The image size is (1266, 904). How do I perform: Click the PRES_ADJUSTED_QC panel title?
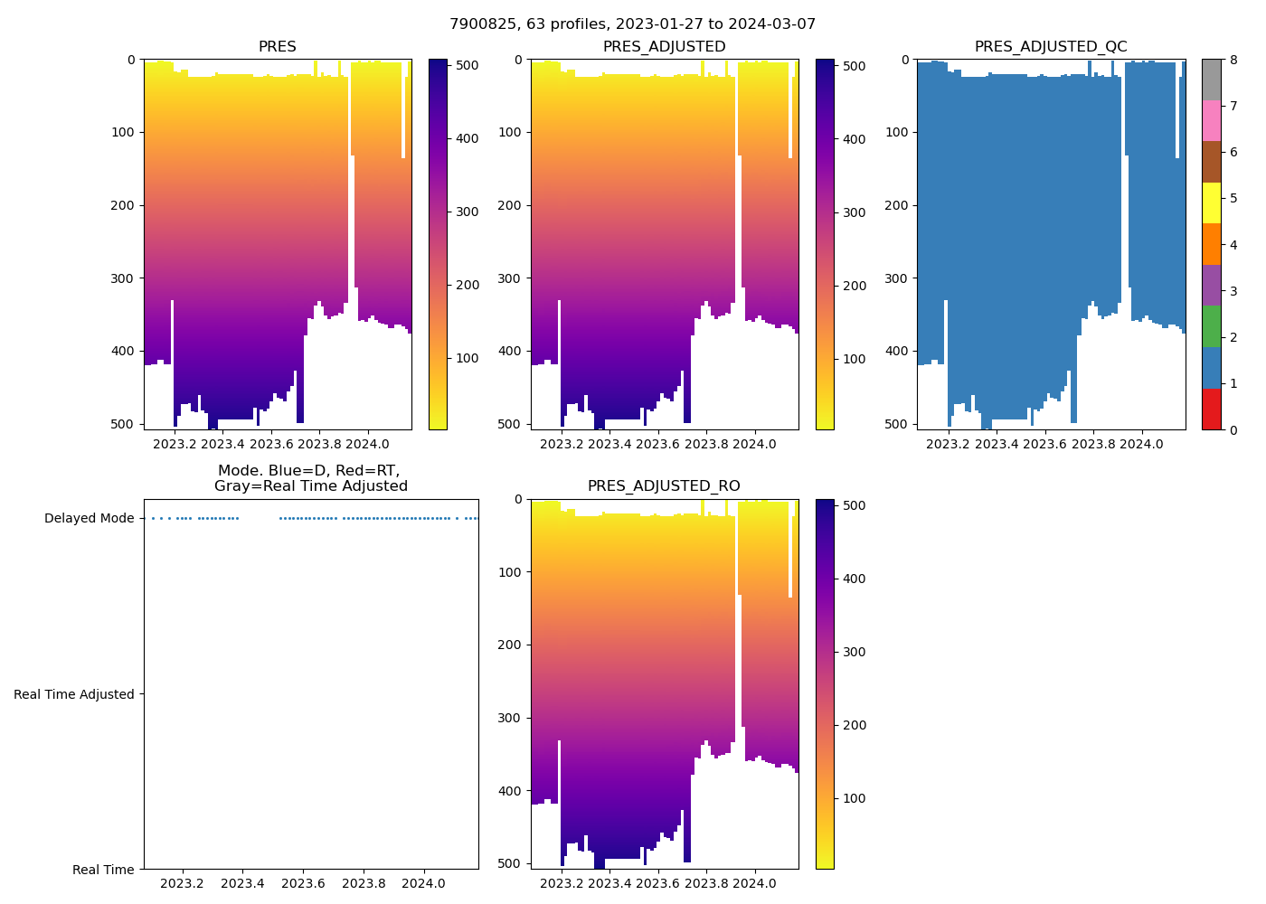[1050, 47]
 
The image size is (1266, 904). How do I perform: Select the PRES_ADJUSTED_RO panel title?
[664, 486]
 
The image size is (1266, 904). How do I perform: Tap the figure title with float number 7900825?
[632, 24]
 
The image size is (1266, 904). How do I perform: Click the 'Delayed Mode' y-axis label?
[89, 519]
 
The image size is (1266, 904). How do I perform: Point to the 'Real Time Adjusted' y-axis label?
[73, 694]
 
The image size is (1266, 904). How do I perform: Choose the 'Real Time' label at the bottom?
[103, 870]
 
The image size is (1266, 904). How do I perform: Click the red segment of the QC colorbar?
[1211, 409]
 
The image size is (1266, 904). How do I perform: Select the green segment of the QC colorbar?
[1211, 326]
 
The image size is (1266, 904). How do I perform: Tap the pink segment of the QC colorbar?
[1211, 121]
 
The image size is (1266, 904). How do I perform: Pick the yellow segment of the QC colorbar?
[1211, 203]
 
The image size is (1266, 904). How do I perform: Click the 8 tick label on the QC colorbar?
[1233, 60]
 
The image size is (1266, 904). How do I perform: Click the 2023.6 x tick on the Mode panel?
[303, 883]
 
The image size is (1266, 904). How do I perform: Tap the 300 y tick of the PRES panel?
[124, 278]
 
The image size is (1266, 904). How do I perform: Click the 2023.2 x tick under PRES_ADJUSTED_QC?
[948, 444]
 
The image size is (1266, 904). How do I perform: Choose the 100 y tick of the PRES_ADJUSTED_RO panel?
[511, 572]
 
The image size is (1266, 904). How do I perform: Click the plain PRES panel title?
[277, 47]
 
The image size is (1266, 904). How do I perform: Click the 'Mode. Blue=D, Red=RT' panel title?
[310, 478]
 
